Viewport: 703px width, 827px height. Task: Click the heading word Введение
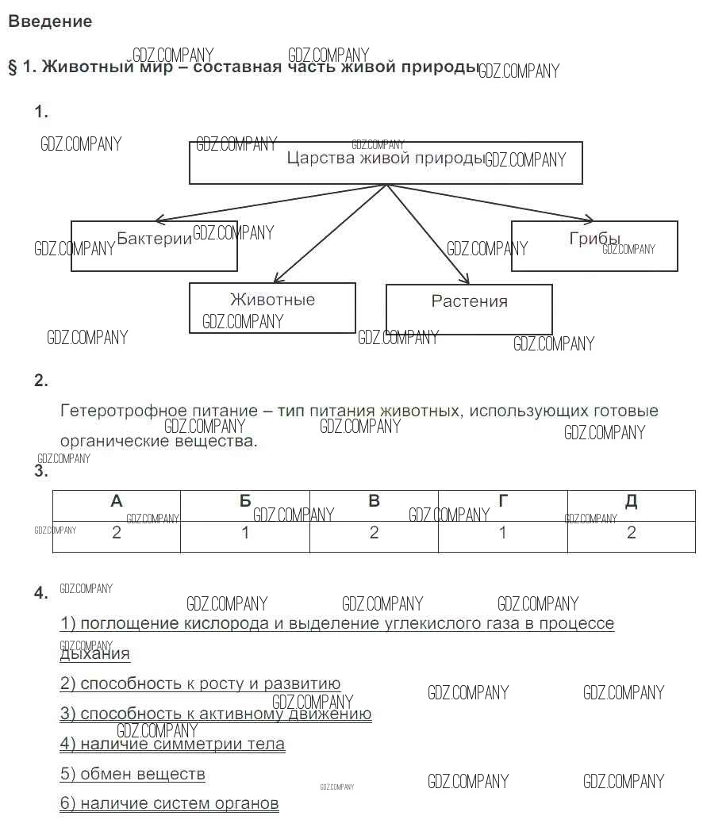point(50,22)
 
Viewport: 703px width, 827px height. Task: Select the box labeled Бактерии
point(154,246)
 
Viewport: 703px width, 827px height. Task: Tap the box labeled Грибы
point(594,246)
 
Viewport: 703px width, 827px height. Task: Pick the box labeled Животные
point(272,308)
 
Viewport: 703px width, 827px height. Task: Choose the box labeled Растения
point(469,308)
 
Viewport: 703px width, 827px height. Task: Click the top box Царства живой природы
point(386,163)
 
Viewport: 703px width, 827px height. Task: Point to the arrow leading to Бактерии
point(270,202)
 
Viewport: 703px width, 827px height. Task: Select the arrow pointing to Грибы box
point(492,202)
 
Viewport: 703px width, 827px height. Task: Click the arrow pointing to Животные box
point(329,234)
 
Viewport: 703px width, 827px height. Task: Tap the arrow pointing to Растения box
point(428,235)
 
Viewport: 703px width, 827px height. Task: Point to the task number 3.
point(41,472)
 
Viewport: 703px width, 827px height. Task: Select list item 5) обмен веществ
point(133,774)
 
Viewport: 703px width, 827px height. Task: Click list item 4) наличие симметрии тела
point(172,744)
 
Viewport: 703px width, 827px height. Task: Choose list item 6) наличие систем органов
point(169,803)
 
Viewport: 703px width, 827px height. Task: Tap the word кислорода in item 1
point(227,623)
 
